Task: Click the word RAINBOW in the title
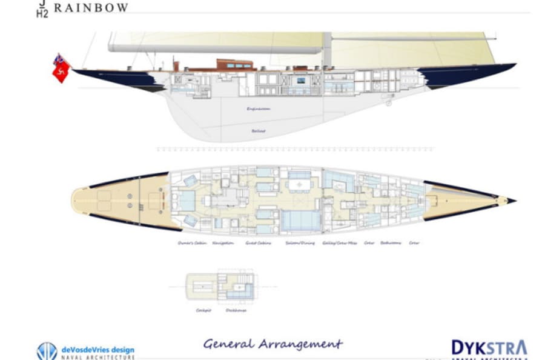click(x=91, y=8)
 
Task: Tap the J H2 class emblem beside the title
click(x=42, y=8)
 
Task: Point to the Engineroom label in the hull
click(x=258, y=109)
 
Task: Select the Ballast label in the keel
click(x=259, y=130)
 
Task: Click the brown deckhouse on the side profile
click(x=235, y=65)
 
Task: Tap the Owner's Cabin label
click(x=191, y=243)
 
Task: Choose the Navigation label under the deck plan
click(x=223, y=243)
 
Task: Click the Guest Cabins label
click(x=258, y=243)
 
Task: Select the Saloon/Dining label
click(x=300, y=243)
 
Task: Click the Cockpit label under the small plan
click(x=203, y=310)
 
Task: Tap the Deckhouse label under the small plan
click(x=236, y=310)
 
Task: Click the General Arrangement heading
click(x=272, y=344)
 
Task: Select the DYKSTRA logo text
click(x=489, y=347)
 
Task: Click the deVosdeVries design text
click(x=98, y=350)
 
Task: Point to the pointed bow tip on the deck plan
click(x=514, y=200)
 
